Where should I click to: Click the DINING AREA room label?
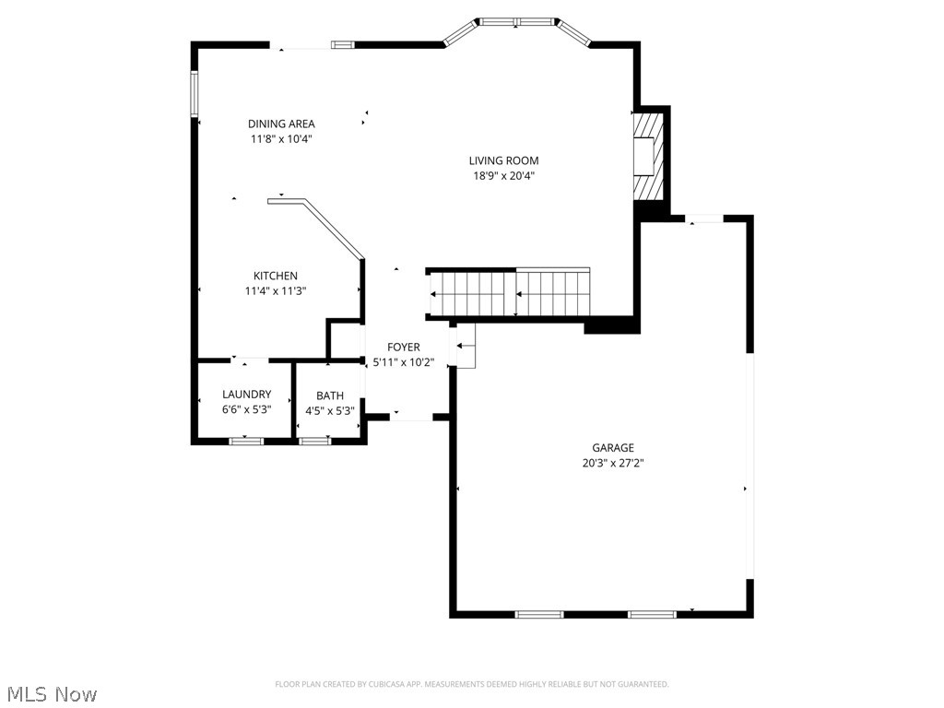click(x=281, y=124)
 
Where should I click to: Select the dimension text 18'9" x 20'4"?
click(x=503, y=175)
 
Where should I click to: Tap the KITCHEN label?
click(x=276, y=276)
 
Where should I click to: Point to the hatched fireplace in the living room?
click(x=649, y=155)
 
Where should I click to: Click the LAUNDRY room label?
click(x=246, y=395)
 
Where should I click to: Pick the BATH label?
click(x=330, y=395)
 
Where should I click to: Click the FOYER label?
click(x=403, y=348)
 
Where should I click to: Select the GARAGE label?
click(x=613, y=448)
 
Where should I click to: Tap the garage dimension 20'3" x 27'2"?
click(x=613, y=464)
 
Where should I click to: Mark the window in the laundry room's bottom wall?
click(x=246, y=441)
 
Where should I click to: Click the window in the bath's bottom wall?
click(x=314, y=441)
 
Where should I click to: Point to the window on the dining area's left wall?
click(x=195, y=93)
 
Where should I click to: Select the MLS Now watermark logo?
click(x=52, y=692)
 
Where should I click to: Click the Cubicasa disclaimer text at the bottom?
click(x=472, y=684)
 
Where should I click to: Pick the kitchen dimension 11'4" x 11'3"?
click(x=276, y=290)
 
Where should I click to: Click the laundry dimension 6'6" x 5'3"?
click(x=246, y=409)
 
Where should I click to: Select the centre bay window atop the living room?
click(x=516, y=21)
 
